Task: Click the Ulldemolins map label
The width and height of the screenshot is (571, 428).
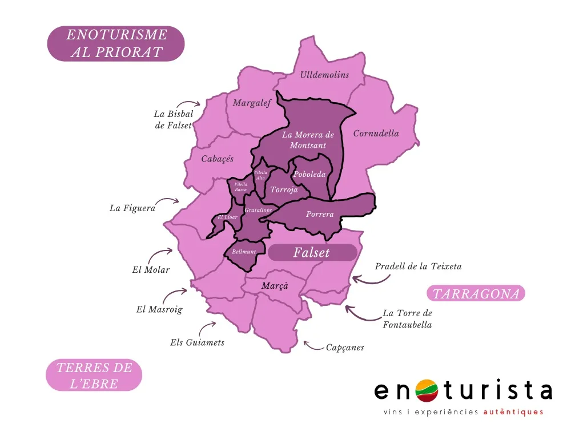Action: tap(324, 75)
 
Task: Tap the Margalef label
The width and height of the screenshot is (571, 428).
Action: tap(251, 103)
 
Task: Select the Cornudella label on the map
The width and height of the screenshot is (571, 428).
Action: tap(376, 134)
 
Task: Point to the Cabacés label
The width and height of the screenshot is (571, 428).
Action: tap(218, 159)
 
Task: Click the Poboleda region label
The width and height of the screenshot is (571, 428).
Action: tap(309, 175)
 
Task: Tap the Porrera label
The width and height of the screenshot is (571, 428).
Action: tap(320, 215)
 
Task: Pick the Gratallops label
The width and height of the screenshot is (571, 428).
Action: tap(257, 210)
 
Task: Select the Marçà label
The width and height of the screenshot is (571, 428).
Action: tap(275, 285)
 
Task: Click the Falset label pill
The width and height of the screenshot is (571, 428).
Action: tap(312, 252)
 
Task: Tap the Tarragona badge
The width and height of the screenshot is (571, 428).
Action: tap(476, 294)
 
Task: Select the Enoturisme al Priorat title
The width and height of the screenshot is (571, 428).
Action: tap(116, 43)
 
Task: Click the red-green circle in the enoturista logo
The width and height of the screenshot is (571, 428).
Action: tap(425, 391)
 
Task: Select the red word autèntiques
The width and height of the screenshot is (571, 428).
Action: tap(513, 412)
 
